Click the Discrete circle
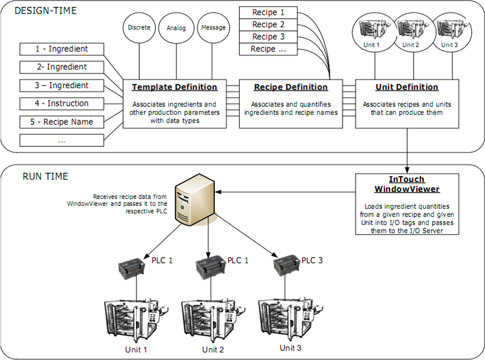(x=139, y=27)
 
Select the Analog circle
(x=176, y=27)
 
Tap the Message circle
(x=212, y=27)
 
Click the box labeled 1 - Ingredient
(x=62, y=49)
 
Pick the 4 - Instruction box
(x=62, y=103)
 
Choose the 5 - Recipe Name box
(x=62, y=122)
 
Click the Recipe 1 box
(x=268, y=12)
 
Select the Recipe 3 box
(x=268, y=36)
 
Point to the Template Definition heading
(x=175, y=87)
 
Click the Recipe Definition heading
(x=291, y=87)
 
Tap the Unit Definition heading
(x=407, y=87)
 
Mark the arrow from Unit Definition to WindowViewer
(x=408, y=150)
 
